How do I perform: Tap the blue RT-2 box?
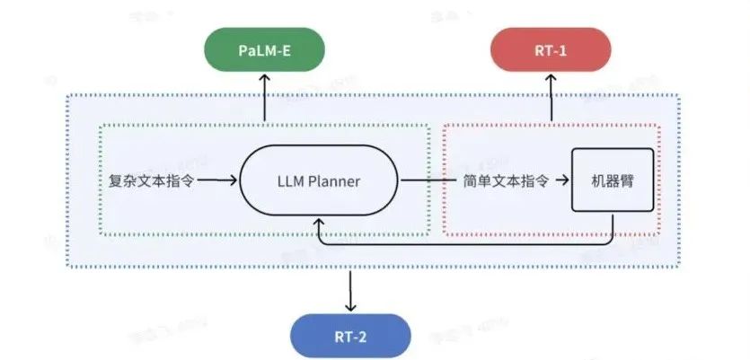(351, 338)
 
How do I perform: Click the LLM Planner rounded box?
(318, 181)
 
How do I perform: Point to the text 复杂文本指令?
(146, 181)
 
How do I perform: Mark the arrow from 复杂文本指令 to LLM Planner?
(217, 181)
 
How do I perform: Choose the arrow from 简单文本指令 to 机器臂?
(562, 181)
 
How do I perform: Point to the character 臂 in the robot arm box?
(628, 181)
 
